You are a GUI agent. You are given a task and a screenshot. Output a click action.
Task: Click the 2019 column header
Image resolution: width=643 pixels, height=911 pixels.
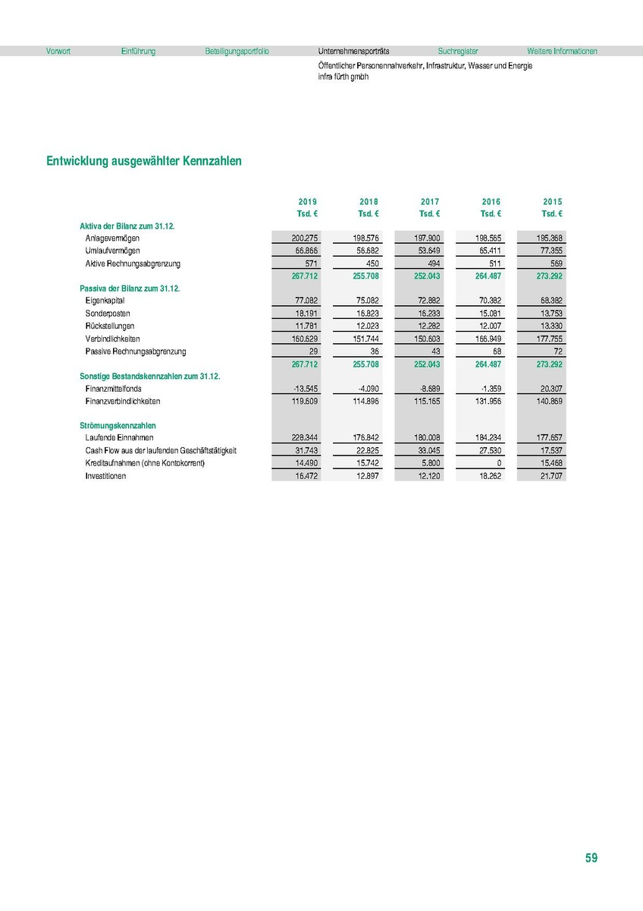[307, 201]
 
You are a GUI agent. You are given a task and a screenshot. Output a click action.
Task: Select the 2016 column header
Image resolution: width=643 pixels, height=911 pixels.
[491, 201]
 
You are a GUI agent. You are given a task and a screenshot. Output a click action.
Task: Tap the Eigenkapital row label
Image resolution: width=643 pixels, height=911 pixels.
[106, 301]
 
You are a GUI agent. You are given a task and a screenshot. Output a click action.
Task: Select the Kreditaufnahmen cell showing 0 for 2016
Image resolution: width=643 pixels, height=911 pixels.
[497, 463]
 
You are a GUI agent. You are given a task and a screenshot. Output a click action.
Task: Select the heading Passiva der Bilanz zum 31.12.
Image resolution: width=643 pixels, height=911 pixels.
[128, 288]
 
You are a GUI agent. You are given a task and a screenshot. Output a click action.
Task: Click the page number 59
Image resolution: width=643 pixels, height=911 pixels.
[591, 859]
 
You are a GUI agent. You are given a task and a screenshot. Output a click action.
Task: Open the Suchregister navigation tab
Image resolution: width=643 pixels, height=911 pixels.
[458, 52]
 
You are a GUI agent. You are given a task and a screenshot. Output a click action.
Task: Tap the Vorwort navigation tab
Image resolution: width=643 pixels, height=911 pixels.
[58, 52]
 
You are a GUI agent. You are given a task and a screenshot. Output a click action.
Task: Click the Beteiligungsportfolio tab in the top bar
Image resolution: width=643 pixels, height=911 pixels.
[237, 52]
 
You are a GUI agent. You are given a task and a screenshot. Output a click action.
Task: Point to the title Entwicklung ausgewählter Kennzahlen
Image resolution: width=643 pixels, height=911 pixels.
[144, 162]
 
